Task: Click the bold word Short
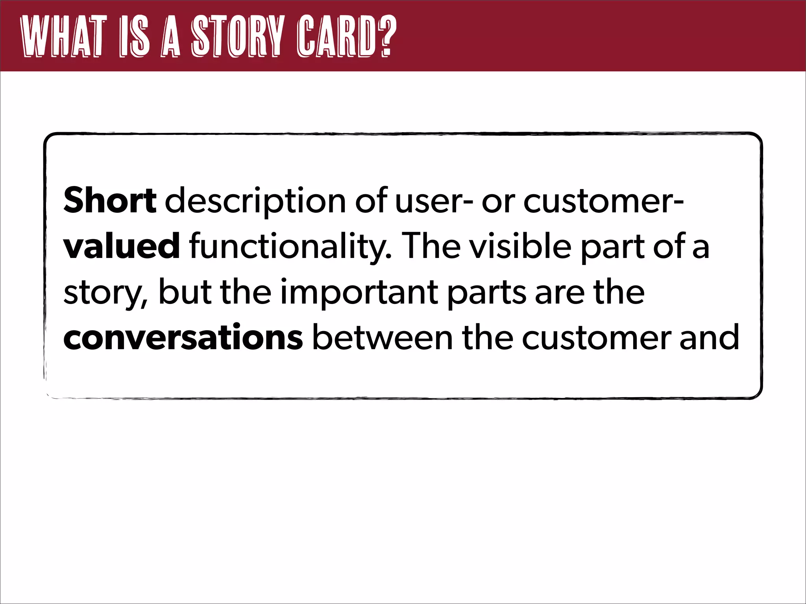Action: click(x=110, y=201)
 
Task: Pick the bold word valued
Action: click(x=122, y=246)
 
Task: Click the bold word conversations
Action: click(x=183, y=337)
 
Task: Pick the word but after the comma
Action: click(x=185, y=292)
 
